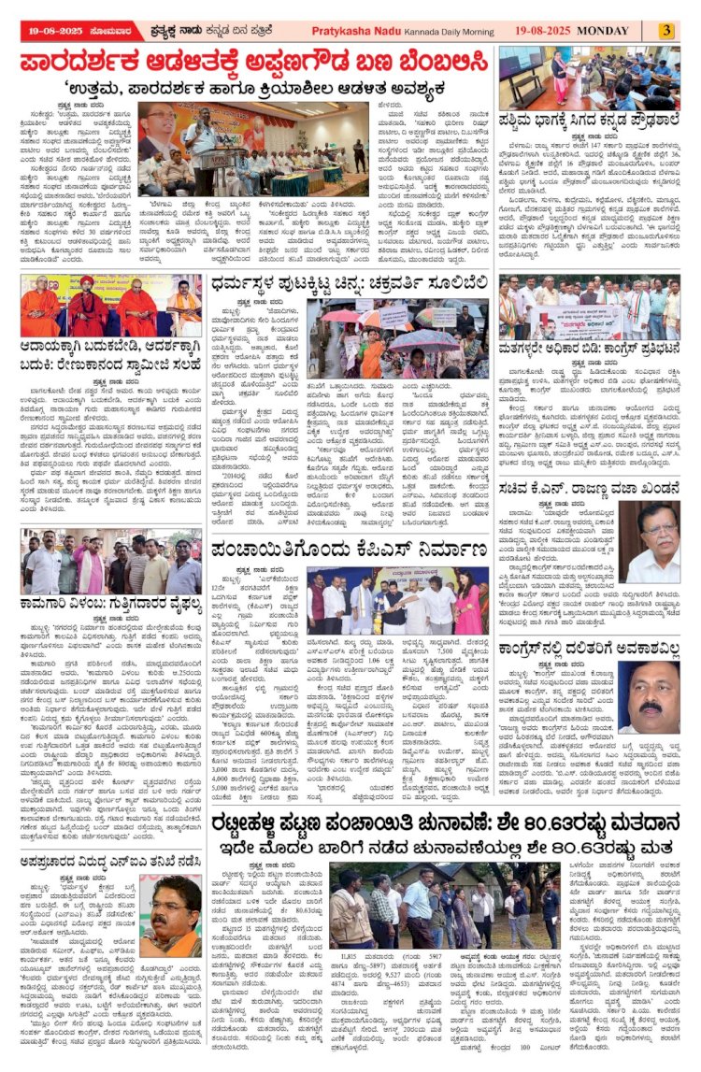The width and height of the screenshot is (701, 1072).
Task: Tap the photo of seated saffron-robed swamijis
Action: tap(110, 305)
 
